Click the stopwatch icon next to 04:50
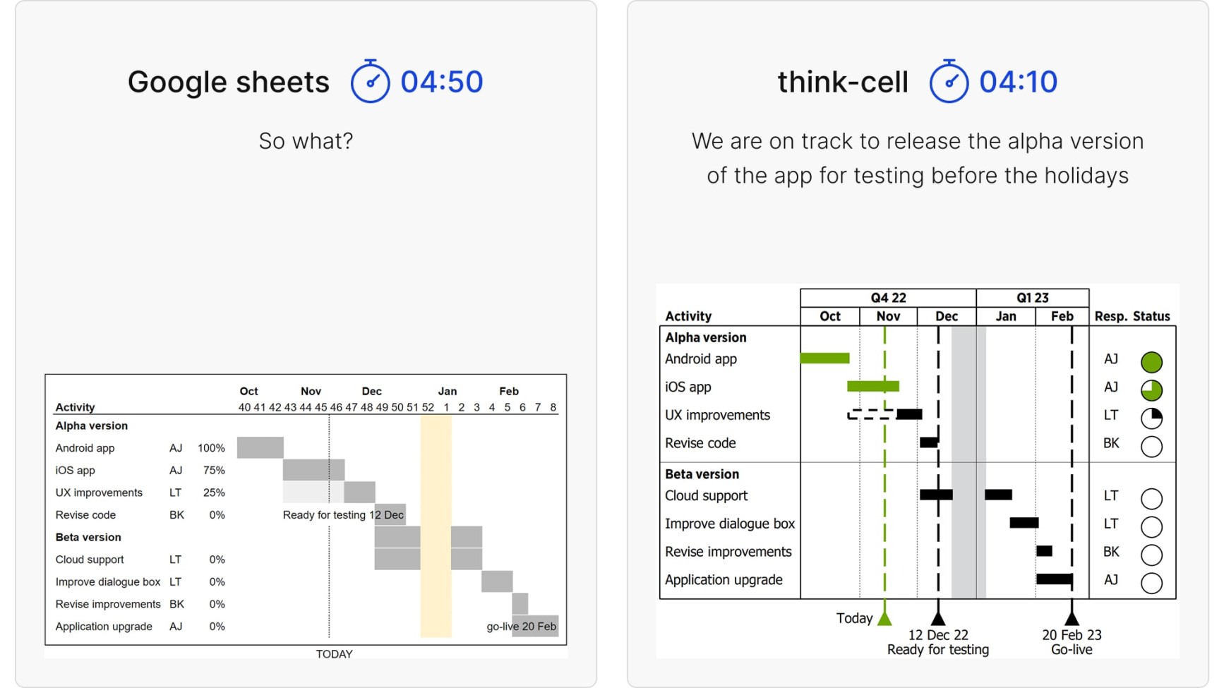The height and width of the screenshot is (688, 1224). [370, 81]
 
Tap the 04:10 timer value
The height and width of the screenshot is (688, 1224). [1018, 81]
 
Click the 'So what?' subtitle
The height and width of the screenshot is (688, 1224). [306, 141]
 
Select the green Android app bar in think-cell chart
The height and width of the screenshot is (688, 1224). [824, 358]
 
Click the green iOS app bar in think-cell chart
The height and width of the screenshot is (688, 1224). [873, 386]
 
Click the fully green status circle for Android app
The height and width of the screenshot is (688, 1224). [1151, 362]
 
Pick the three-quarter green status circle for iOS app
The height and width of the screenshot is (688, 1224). [1151, 390]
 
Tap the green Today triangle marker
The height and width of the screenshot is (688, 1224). [884, 619]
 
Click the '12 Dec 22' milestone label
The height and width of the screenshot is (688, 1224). [938, 635]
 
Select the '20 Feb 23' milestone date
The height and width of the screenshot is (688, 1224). [1072, 635]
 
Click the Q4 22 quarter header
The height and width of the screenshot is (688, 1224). [888, 298]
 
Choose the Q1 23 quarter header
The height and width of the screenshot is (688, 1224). [1033, 298]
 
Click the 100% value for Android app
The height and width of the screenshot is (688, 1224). [211, 448]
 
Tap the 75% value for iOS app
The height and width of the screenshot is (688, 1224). [214, 471]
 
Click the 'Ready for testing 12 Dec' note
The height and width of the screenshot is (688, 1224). [343, 515]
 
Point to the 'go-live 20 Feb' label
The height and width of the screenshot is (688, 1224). [522, 627]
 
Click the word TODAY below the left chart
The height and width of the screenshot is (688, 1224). [335, 654]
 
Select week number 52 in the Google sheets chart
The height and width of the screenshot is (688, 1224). [428, 407]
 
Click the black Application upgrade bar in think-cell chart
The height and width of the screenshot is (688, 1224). [1055, 579]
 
